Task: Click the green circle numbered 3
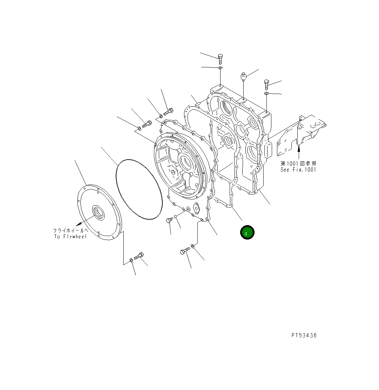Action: pyautogui.click(x=247, y=232)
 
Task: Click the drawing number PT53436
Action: pyautogui.click(x=304, y=335)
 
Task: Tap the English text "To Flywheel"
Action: pyautogui.click(x=70, y=236)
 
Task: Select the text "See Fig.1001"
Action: pyautogui.click(x=298, y=170)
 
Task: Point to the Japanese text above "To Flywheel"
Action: pyautogui.click(x=70, y=230)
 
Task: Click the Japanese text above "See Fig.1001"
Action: pyautogui.click(x=298, y=163)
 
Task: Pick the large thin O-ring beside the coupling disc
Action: pyautogui.click(x=139, y=189)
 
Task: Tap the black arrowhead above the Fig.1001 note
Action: pyautogui.click(x=299, y=149)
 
